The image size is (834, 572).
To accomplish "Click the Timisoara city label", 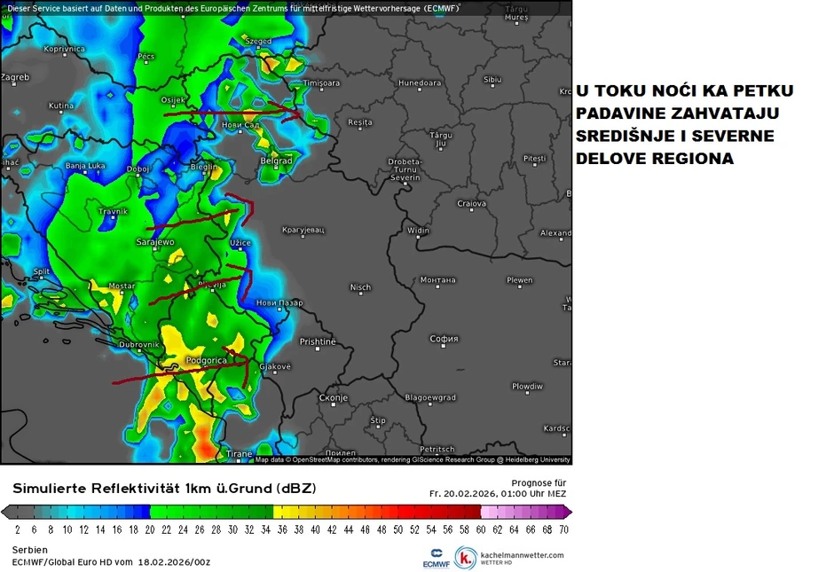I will (x=321, y=83).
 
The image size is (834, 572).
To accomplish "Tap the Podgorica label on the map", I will (x=206, y=360).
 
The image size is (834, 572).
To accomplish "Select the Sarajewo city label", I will (x=155, y=241).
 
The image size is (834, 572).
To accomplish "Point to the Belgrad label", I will (x=277, y=161).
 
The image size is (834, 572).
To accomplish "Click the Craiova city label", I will (x=471, y=204).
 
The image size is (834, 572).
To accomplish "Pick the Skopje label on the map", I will (x=333, y=398).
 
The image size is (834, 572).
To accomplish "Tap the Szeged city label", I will (x=258, y=41).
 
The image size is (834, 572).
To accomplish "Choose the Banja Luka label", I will (x=86, y=166).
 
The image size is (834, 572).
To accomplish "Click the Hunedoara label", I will (x=420, y=83).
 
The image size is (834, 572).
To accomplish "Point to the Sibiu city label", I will (x=492, y=80).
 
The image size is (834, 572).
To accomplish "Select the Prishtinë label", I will (x=318, y=341).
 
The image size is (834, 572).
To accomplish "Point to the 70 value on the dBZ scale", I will (x=563, y=529).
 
